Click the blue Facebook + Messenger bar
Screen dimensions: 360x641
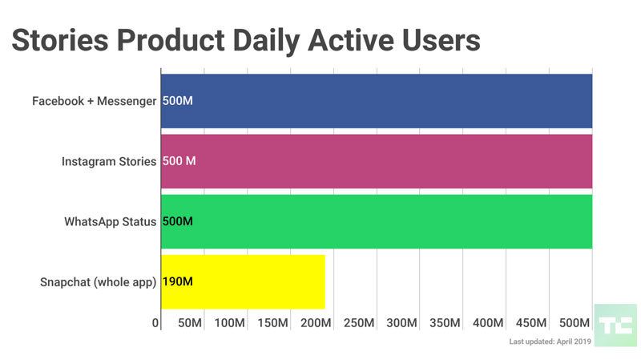coord(377,101)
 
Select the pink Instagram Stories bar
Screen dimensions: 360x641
coord(377,161)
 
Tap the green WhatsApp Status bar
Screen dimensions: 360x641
coord(377,221)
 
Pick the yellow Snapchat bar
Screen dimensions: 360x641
coord(243,281)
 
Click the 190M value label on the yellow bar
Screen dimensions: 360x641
coord(178,281)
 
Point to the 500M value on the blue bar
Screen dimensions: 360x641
coord(178,101)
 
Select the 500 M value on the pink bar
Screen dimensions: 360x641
coord(179,161)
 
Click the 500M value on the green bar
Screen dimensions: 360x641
coord(178,221)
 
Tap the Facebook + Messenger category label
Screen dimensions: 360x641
coord(94,101)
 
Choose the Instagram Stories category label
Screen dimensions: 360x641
coord(109,161)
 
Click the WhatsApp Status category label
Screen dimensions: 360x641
coord(111,221)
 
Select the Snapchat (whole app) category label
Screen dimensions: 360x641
coord(98,281)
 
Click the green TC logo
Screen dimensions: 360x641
coord(615,325)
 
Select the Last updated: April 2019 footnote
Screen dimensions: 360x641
coord(572,342)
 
